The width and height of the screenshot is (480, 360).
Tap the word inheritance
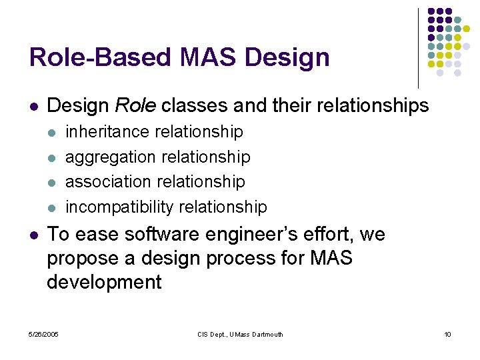coord(108,131)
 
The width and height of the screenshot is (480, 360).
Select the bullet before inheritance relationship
coord(52,132)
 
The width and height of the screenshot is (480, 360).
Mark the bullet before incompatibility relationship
coord(52,207)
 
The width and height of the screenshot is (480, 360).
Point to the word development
coord(104,282)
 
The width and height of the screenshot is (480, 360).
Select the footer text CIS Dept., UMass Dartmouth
coord(240,334)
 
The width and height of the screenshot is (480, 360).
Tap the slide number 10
coord(447,334)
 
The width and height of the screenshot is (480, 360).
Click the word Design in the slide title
coord(287,57)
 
